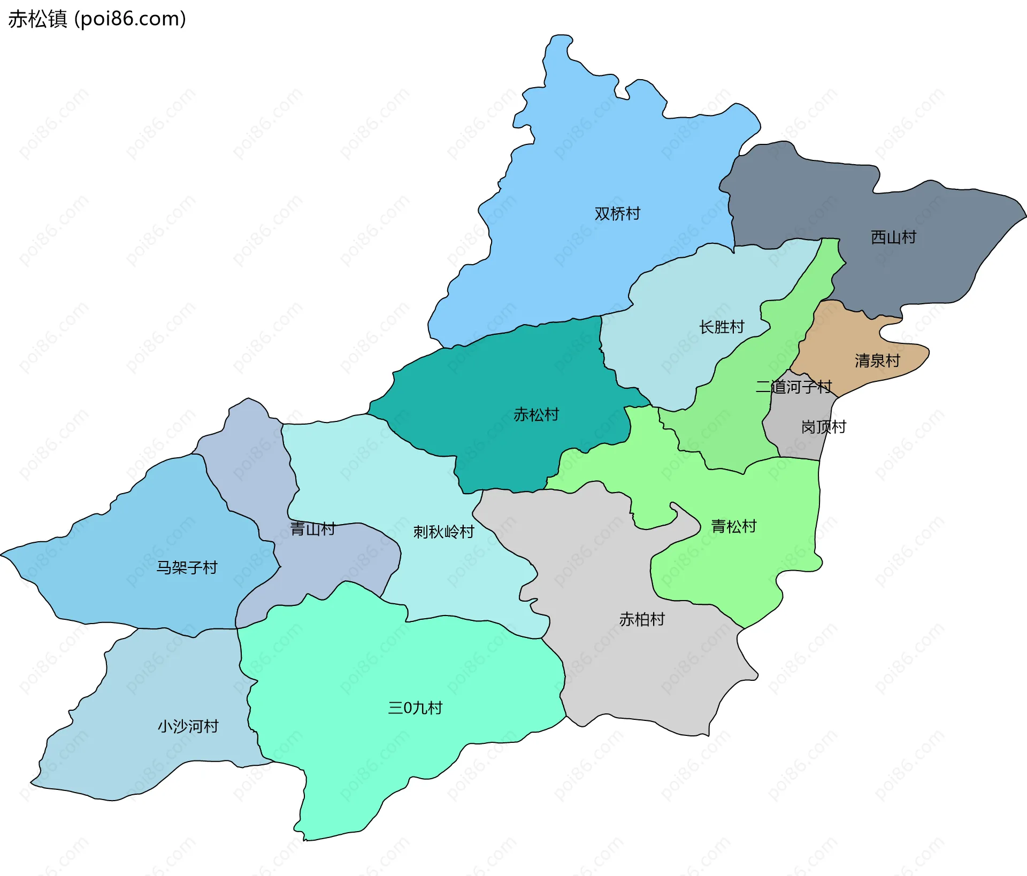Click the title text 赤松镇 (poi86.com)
(x=97, y=19)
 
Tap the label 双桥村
(x=617, y=213)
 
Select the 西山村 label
(x=893, y=237)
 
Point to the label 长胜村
(x=722, y=326)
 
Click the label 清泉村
(x=877, y=360)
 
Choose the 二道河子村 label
(x=793, y=386)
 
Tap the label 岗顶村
(x=823, y=427)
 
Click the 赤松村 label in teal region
(x=536, y=414)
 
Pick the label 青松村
(x=733, y=526)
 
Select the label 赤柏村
(x=642, y=619)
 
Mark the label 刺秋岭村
(x=443, y=532)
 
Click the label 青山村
(x=312, y=529)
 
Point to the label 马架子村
(x=187, y=567)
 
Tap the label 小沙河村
(x=188, y=726)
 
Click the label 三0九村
(x=415, y=708)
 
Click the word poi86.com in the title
(x=130, y=19)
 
